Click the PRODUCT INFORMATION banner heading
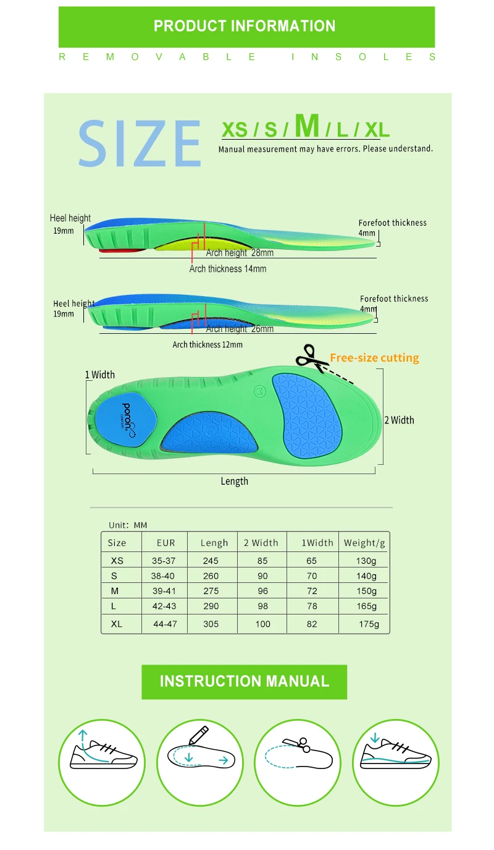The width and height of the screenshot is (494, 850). coord(245,26)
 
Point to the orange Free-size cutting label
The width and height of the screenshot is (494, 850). coord(374,358)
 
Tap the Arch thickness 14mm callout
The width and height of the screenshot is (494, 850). coord(228,269)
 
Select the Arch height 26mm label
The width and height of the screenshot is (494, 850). coord(241,329)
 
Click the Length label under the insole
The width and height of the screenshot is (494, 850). coord(234,481)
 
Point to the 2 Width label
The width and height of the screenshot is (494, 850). coord(399,420)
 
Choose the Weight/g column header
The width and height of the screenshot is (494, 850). coord(364,543)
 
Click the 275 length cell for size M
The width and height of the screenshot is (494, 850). coord(211,591)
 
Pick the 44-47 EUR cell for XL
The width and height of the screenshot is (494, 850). coord(165,624)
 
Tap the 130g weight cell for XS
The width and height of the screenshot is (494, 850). coord(366,561)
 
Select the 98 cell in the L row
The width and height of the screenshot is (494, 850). coord(263,606)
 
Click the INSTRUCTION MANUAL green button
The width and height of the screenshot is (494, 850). coord(245,681)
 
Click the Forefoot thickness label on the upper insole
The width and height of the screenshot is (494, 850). coord(392,223)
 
